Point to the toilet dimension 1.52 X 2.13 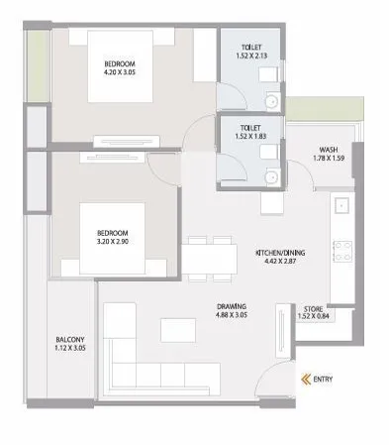(x=247, y=56)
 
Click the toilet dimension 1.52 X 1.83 (x=247, y=134)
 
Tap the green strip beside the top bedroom (x=37, y=63)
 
